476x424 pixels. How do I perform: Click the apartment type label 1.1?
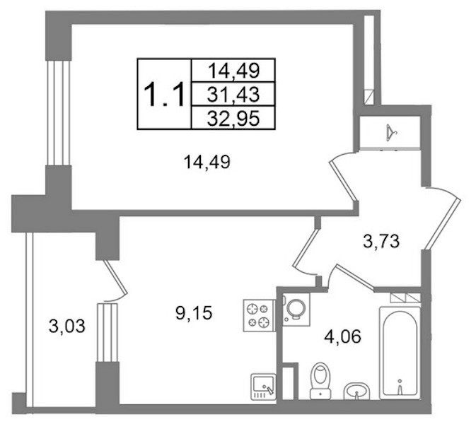(x=164, y=95)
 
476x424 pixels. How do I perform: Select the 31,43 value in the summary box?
(x=233, y=94)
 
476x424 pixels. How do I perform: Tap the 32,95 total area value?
(x=233, y=118)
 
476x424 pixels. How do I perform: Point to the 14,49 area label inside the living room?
(x=207, y=162)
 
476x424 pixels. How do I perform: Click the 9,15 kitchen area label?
(x=194, y=312)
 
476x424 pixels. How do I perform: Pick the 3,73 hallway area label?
(x=381, y=242)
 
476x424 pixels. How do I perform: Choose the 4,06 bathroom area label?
(x=343, y=336)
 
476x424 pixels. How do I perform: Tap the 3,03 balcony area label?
(x=67, y=326)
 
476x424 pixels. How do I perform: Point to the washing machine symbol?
(x=296, y=310)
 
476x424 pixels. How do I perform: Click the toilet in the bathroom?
(x=320, y=380)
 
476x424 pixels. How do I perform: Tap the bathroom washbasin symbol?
(x=356, y=391)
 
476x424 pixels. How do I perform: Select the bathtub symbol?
(x=400, y=353)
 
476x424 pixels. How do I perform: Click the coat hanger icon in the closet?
(x=392, y=133)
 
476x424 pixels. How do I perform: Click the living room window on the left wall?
(x=59, y=113)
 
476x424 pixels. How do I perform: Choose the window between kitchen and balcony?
(x=107, y=332)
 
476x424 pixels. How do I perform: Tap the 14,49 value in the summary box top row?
(x=233, y=71)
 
